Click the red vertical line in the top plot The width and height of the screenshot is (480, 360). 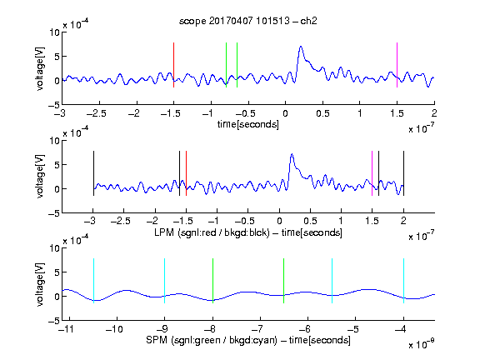[173, 65]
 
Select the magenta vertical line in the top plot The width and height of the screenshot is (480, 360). [397, 65]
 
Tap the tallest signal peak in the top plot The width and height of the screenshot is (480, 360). [301, 47]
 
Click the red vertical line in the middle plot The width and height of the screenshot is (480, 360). [186, 173]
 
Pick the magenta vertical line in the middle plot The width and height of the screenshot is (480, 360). [372, 173]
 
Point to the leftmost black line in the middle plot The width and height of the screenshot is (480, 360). [93, 173]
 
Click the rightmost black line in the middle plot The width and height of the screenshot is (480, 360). [403, 173]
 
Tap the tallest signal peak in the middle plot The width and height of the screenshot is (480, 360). [292, 154]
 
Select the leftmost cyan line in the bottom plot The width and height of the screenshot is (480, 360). [93, 281]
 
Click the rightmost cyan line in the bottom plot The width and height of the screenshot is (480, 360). [403, 281]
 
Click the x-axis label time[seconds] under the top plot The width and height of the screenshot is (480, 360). [248, 124]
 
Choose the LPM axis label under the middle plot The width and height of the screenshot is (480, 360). [248, 232]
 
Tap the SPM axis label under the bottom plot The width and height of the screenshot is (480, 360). [248, 340]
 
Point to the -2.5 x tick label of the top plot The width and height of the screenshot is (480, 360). [97, 113]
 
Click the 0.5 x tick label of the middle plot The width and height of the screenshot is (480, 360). [310, 221]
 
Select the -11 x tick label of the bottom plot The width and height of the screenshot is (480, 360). [67, 329]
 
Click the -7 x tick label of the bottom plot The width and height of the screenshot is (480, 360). [257, 329]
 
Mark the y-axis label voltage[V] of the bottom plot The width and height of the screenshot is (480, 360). [40, 284]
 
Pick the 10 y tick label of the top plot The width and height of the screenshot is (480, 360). [54, 32]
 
